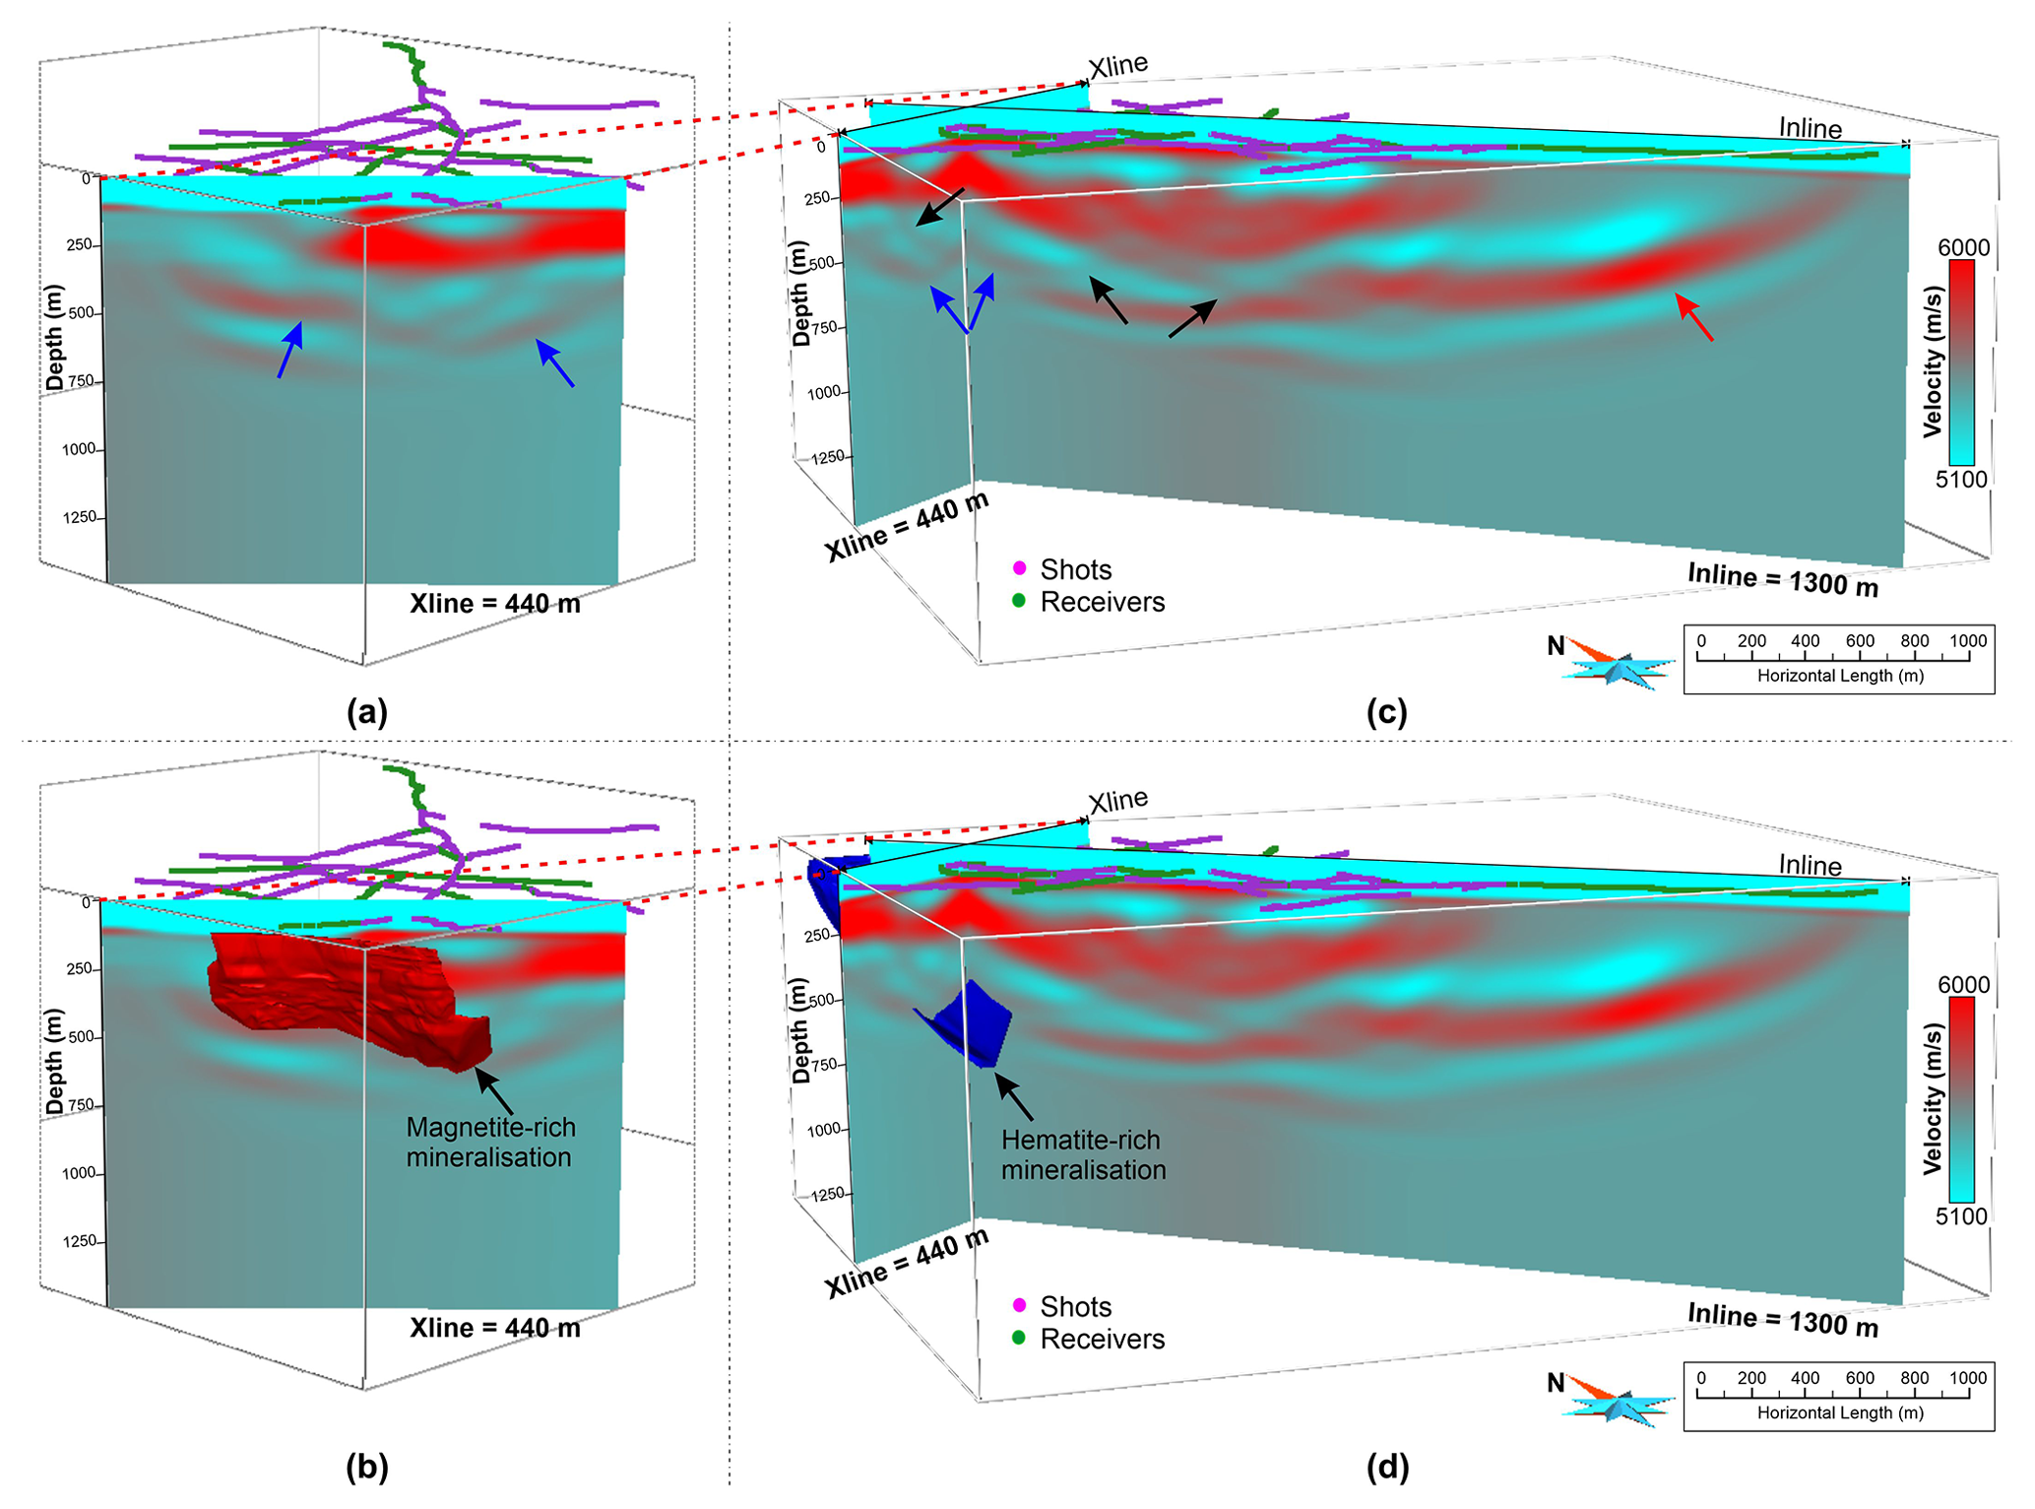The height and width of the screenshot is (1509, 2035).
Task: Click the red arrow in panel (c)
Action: click(x=1694, y=317)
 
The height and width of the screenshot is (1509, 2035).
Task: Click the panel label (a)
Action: click(x=367, y=711)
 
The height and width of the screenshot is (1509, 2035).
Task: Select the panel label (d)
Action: click(x=1387, y=1467)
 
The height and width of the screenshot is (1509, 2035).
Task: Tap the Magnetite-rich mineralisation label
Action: click(x=490, y=1142)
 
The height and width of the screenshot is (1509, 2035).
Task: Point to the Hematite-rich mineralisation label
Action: click(x=1083, y=1154)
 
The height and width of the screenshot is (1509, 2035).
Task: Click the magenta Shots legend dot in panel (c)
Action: click(x=1020, y=568)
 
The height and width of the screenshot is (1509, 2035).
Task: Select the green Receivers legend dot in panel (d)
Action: click(x=1020, y=1338)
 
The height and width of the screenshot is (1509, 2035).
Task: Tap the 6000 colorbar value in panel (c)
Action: click(x=1963, y=247)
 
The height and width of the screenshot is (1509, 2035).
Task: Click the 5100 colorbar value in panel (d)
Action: click(x=1961, y=1215)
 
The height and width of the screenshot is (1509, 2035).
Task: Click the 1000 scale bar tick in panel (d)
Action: click(x=1968, y=1378)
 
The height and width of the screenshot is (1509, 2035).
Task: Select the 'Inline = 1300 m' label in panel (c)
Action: click(x=1782, y=580)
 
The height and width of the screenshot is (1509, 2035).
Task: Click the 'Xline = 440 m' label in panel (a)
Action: click(x=494, y=603)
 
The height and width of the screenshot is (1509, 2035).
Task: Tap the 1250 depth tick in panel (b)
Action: click(x=80, y=1241)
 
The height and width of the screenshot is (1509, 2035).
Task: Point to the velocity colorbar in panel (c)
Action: click(x=1961, y=361)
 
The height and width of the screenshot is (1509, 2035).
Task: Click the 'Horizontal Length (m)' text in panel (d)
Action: click(x=1840, y=1412)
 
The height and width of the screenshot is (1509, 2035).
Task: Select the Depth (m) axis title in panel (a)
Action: click(x=54, y=337)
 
